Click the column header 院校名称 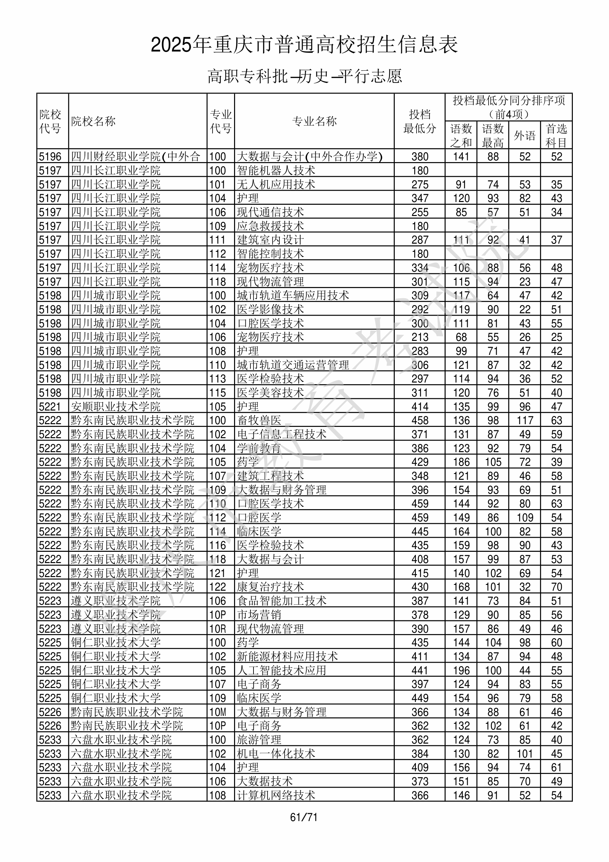pyautogui.click(x=93, y=121)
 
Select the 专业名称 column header pyautogui.click(x=314, y=121)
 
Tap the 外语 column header pyautogui.click(x=524, y=135)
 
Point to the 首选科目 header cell pyautogui.click(x=556, y=135)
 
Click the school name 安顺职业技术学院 pyautogui.click(x=116, y=406)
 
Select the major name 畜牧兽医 pyautogui.click(x=259, y=420)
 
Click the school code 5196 pyautogui.click(x=50, y=157)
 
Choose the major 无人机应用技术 pyautogui.click(x=276, y=184)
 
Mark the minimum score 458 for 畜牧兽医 pyautogui.click(x=420, y=420)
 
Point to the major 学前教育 pyautogui.click(x=259, y=448)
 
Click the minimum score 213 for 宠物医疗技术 pyautogui.click(x=420, y=337)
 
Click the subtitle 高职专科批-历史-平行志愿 pyautogui.click(x=304, y=76)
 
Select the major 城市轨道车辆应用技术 pyautogui.click(x=293, y=296)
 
